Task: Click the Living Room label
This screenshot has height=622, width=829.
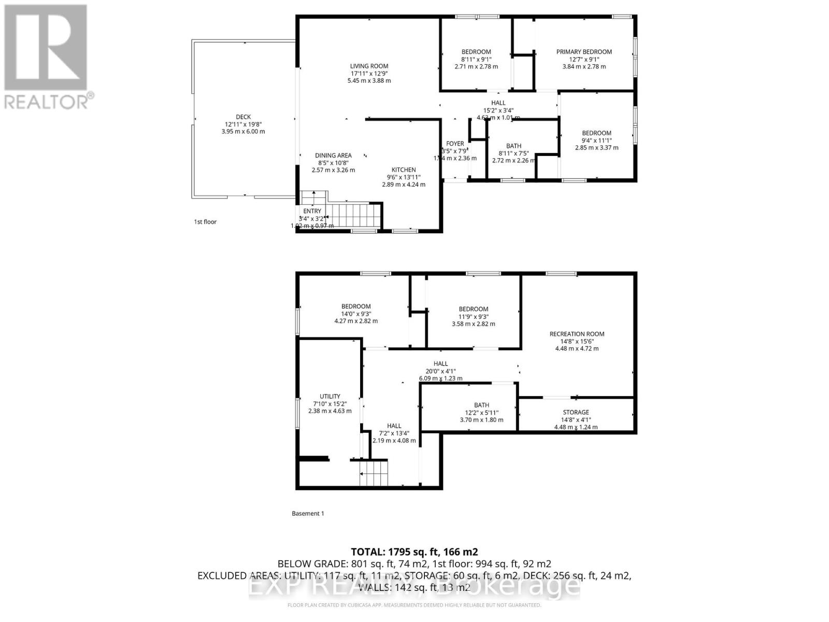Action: point(369,66)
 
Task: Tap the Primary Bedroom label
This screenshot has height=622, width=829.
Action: point(584,52)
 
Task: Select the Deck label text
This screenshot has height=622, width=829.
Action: point(243,117)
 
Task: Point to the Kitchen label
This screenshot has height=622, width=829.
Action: point(404,170)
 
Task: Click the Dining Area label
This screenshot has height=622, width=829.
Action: point(333,155)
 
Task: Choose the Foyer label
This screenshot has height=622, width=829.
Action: point(455,144)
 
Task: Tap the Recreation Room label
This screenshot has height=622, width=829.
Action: point(577,334)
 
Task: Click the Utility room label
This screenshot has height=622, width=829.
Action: point(330,397)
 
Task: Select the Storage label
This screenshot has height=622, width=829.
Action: point(576,413)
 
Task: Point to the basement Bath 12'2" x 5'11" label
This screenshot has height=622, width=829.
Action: point(481,405)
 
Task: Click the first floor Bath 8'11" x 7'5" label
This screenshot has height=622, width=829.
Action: point(513,146)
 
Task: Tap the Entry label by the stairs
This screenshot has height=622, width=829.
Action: point(312,211)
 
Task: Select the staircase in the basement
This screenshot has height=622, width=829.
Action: point(374,473)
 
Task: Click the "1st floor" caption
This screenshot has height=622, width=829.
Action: point(205,222)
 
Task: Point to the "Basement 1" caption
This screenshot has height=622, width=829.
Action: point(308,514)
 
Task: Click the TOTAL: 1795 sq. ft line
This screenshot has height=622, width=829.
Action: point(414,552)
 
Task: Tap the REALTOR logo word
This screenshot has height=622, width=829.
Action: point(47,101)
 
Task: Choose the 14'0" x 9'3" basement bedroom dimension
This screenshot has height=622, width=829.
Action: point(356,314)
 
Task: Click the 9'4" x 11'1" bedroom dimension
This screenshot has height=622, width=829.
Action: point(596,140)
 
